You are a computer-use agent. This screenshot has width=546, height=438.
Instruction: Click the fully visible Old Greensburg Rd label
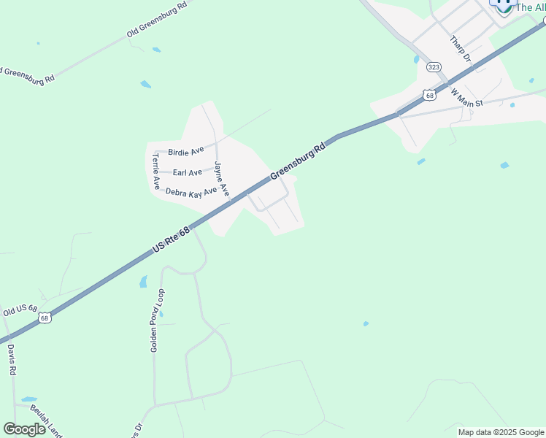pos(157,20)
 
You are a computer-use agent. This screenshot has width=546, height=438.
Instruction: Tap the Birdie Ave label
pos(186,152)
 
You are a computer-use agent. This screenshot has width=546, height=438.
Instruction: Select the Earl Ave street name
pos(188,172)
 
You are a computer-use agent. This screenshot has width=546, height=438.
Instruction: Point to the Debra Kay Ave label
pos(191,192)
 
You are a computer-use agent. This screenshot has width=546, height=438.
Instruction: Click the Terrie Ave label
pos(155,171)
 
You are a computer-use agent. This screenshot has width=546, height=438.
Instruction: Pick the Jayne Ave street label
pos(222,179)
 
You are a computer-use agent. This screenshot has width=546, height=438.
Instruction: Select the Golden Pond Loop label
pos(158,320)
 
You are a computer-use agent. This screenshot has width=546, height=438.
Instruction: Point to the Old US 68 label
pos(20,310)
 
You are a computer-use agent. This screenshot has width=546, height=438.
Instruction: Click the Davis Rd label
pos(12,360)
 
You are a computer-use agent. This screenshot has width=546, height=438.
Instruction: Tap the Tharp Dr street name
pos(461,49)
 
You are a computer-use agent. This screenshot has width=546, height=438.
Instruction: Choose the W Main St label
pos(467,98)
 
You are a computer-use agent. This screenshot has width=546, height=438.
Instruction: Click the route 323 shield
pos(434,67)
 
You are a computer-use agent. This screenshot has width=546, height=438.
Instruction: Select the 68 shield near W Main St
pos(429,95)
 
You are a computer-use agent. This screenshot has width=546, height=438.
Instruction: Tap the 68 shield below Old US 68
pos(45,318)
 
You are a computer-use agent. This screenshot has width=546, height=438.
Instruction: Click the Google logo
pos(24,429)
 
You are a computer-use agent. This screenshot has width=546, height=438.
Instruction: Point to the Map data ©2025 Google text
pos(501,432)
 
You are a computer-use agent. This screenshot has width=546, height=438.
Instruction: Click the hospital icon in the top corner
pos(503,4)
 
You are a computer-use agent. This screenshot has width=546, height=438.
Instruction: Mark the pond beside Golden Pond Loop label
pos(143,281)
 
